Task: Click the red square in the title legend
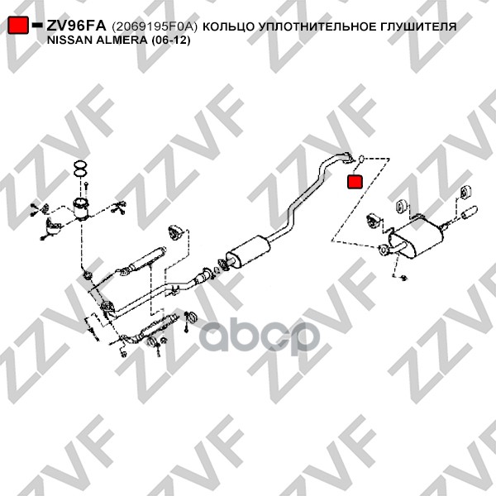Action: point(18,25)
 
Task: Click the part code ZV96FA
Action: point(76,26)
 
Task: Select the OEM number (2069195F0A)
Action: point(155,27)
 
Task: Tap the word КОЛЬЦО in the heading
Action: point(228,27)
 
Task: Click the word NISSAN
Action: point(65,41)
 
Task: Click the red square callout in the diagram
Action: point(355,182)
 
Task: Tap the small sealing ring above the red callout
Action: point(362,158)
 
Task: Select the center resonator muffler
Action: point(247,252)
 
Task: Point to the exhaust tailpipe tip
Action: point(470,212)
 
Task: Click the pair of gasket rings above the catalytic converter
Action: point(80,169)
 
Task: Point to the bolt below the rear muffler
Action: point(403,278)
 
